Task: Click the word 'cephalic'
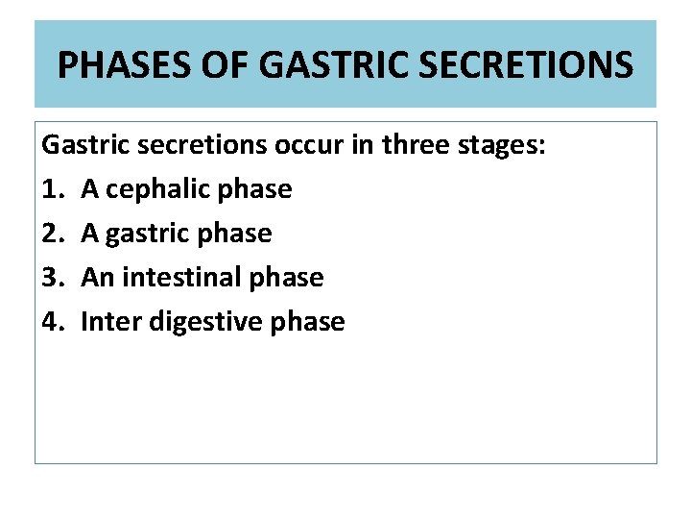(157, 189)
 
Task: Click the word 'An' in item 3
(97, 278)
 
